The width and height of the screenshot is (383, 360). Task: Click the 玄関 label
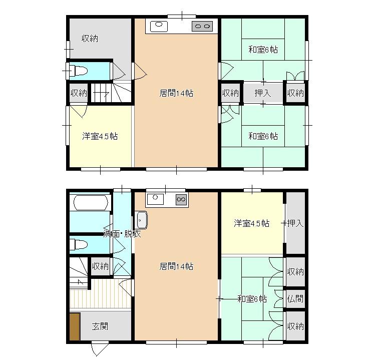(x=100, y=326)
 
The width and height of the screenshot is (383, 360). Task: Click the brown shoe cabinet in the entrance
(x=75, y=326)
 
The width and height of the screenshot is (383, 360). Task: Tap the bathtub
(x=91, y=202)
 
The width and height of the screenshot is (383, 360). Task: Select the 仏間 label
(x=295, y=298)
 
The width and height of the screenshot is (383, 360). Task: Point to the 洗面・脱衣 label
(x=122, y=234)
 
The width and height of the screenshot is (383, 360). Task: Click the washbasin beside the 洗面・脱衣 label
(x=141, y=220)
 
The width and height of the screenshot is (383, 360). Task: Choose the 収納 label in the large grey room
(x=90, y=39)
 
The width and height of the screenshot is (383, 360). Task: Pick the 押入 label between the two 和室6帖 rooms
(x=263, y=93)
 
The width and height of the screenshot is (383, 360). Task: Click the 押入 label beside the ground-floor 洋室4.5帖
(x=295, y=223)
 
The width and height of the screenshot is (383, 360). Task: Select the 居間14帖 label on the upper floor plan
(x=176, y=93)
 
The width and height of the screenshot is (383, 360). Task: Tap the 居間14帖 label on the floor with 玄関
(x=176, y=266)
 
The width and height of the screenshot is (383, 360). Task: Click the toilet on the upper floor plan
(x=79, y=71)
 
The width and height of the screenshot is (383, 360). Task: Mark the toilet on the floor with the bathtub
(x=79, y=244)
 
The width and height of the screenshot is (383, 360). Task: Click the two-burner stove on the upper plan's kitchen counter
(x=202, y=26)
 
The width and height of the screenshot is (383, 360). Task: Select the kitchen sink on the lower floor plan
(x=155, y=199)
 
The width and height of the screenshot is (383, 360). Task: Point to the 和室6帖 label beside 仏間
(x=252, y=299)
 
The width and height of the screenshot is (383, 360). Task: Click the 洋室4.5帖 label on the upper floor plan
(x=100, y=136)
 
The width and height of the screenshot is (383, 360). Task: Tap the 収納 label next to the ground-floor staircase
(x=100, y=266)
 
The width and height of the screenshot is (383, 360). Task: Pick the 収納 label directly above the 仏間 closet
(x=295, y=271)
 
